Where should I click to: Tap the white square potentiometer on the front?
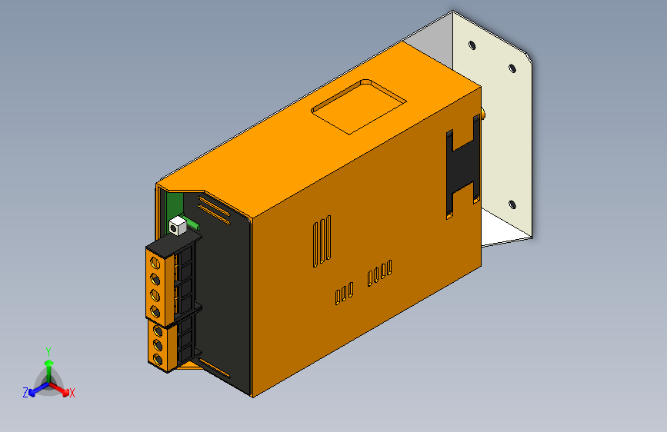pos(178,226)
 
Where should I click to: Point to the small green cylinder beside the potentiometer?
pos(195,226)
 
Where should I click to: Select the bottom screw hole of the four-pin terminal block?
pos(156,311)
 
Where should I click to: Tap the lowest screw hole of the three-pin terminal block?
pos(158,359)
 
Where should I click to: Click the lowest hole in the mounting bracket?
pos(512,204)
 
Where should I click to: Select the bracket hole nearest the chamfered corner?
pos(512,68)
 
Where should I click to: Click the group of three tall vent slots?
pos(322,242)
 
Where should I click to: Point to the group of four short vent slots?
pos(379,272)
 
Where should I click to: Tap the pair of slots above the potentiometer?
pos(214,208)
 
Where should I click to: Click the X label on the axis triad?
pos(72,394)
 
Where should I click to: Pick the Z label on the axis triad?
pos(25,392)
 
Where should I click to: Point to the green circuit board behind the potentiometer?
pos(172,206)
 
